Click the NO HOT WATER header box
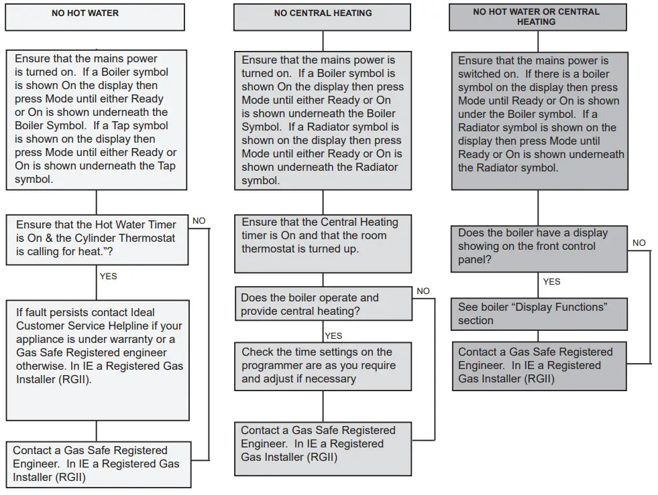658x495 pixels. (x=95, y=17)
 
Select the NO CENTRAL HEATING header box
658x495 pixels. (x=322, y=17)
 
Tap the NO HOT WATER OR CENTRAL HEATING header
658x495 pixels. (x=536, y=17)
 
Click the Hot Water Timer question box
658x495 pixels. (x=97, y=238)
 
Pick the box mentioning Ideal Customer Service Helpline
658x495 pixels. (x=98, y=360)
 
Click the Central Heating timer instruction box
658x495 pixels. (x=323, y=243)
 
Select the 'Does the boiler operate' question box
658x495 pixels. (x=323, y=304)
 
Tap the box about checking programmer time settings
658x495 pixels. (x=323, y=366)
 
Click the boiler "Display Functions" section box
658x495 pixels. (x=539, y=313)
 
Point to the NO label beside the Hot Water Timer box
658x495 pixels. (x=199, y=220)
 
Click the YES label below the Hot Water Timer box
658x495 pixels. (x=108, y=276)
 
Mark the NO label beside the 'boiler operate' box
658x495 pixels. (x=423, y=291)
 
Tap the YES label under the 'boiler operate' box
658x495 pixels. (x=333, y=336)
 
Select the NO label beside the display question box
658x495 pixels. (x=639, y=242)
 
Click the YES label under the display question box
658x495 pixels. (x=551, y=281)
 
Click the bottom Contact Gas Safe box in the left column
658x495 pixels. (x=98, y=464)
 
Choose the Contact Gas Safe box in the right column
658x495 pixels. (x=539, y=366)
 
